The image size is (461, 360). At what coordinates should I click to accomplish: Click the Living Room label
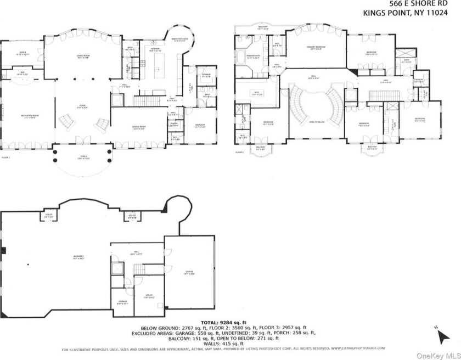point(82,57)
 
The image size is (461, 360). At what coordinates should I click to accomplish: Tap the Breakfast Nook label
point(181,40)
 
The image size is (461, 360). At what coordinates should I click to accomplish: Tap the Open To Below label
point(319,122)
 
